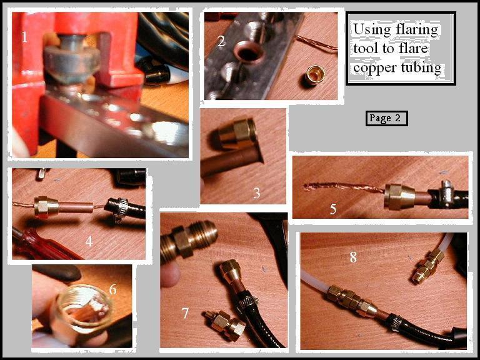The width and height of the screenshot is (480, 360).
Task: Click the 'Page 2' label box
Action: click(387, 118)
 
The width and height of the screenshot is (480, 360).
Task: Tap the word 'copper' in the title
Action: click(376, 68)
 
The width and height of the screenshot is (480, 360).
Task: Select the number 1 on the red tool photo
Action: click(24, 37)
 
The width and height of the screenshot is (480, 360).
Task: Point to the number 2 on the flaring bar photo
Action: click(221, 41)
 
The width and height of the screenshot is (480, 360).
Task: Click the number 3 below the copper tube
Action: click(256, 193)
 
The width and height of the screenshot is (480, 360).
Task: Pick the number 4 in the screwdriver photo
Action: click(89, 241)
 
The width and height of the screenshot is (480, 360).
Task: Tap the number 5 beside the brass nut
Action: click(333, 209)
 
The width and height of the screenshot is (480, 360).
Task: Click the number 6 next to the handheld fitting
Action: click(113, 289)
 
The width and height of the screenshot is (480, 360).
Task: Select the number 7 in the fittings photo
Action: click(185, 313)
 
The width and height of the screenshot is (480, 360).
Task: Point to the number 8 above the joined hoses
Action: click(353, 257)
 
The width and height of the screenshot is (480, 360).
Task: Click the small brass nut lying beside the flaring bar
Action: click(315, 75)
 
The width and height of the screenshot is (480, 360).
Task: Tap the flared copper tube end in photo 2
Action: click(248, 52)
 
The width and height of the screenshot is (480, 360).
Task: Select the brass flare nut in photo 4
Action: click(46, 207)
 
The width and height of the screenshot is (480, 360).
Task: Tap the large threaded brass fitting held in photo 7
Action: click(189, 239)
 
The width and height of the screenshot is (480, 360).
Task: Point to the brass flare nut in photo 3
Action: click(236, 135)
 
